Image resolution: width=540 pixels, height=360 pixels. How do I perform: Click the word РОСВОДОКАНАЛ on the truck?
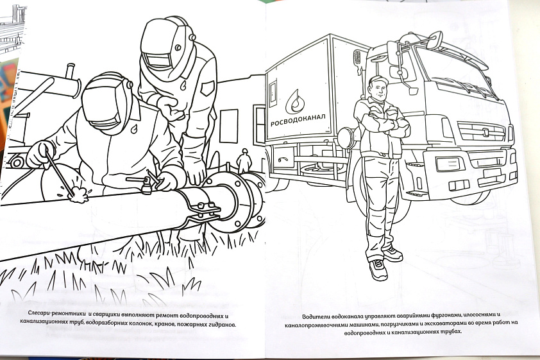(298, 120)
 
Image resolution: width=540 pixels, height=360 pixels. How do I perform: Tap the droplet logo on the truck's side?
(295, 101)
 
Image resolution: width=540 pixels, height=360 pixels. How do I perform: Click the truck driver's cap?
(378, 80)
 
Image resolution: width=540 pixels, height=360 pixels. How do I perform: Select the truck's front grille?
(482, 132)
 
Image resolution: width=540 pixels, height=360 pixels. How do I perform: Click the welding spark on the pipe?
(78, 195)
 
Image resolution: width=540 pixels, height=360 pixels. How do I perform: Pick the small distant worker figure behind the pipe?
(244, 160)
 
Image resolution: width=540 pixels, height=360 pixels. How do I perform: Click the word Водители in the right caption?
(314, 316)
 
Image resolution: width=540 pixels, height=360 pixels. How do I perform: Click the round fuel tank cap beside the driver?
(346, 137)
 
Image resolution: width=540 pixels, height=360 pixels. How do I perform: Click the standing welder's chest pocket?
(208, 89)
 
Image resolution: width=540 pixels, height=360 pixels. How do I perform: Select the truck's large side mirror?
(394, 53)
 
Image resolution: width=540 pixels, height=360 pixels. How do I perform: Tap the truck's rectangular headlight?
(450, 164)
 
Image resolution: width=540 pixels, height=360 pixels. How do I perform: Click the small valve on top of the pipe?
(147, 184)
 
